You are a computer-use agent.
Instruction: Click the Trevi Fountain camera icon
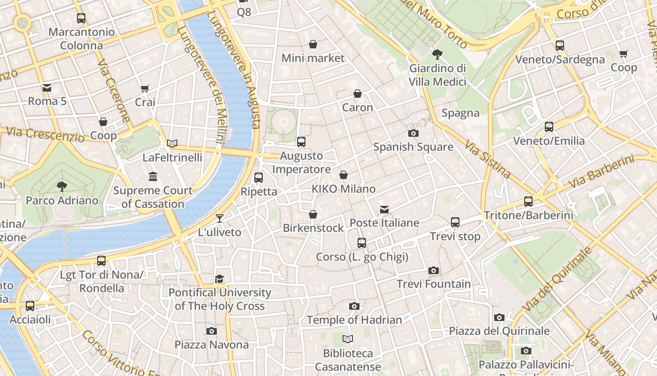tap(434, 270)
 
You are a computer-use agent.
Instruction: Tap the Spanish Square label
tap(413, 147)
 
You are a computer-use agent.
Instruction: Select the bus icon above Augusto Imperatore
tap(301, 141)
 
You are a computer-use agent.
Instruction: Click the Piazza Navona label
tap(212, 345)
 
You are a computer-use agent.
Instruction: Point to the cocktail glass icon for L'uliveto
tap(219, 219)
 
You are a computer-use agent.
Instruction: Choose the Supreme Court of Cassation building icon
tap(153, 177)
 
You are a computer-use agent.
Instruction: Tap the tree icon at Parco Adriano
tap(61, 187)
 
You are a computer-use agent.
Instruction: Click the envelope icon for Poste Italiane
tap(384, 209)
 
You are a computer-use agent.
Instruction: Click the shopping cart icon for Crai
tap(145, 88)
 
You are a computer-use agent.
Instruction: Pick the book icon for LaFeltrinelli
tap(172, 143)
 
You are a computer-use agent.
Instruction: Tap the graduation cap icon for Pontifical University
tap(219, 279)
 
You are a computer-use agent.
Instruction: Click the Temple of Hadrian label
tap(354, 320)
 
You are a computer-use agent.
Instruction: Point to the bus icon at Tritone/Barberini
tap(528, 202)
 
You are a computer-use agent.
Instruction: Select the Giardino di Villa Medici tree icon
tap(437, 55)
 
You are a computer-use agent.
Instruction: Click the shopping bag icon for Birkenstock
tap(313, 214)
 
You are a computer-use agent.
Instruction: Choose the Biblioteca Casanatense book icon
tap(348, 339)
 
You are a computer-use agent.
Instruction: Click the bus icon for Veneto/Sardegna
tap(560, 46)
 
